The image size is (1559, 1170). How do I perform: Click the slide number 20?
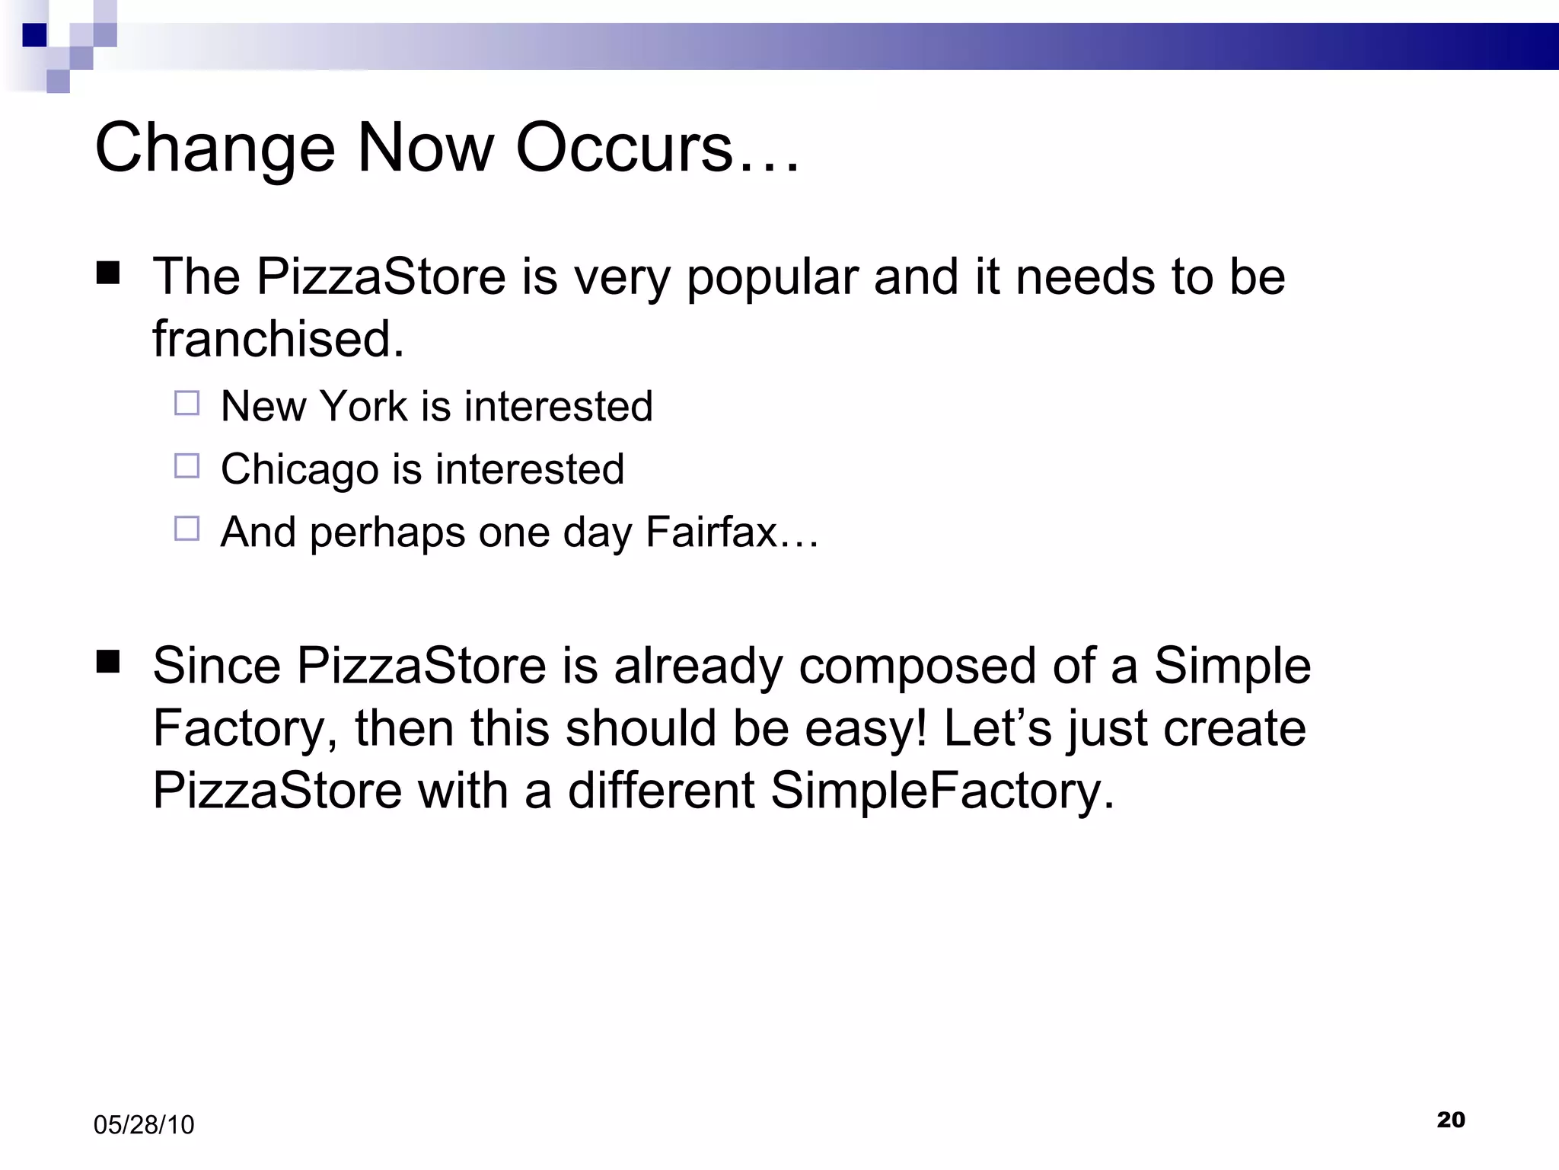click(x=1451, y=1119)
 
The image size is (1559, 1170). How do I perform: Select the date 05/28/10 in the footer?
click(x=144, y=1125)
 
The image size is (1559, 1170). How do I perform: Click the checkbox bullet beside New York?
click(x=187, y=403)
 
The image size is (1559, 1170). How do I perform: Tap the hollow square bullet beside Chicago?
click(x=187, y=465)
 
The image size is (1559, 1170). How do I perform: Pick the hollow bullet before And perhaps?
click(x=187, y=529)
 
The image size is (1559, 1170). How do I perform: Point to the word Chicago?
click(x=299, y=469)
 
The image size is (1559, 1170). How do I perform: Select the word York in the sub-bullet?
click(x=364, y=406)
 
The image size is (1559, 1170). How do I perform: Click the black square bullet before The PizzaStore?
click(x=108, y=273)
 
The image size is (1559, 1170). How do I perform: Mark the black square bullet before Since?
click(x=108, y=662)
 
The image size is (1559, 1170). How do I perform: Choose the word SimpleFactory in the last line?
click(x=942, y=791)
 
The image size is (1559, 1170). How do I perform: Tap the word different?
click(x=661, y=791)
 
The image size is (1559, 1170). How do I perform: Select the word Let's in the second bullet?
click(x=998, y=729)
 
